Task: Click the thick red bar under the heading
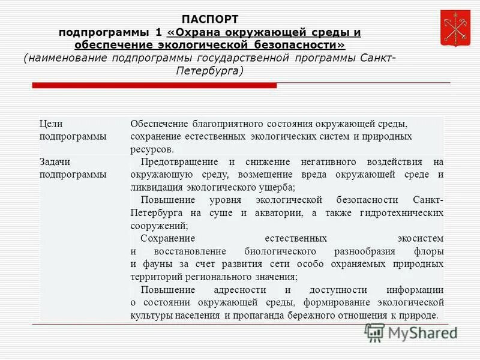(x=180, y=86)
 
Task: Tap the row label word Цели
(x=51, y=124)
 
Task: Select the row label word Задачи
(x=55, y=162)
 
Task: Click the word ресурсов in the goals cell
(x=152, y=149)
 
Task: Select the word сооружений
(x=159, y=226)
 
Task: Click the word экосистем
(x=420, y=238)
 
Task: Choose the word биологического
(x=283, y=251)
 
